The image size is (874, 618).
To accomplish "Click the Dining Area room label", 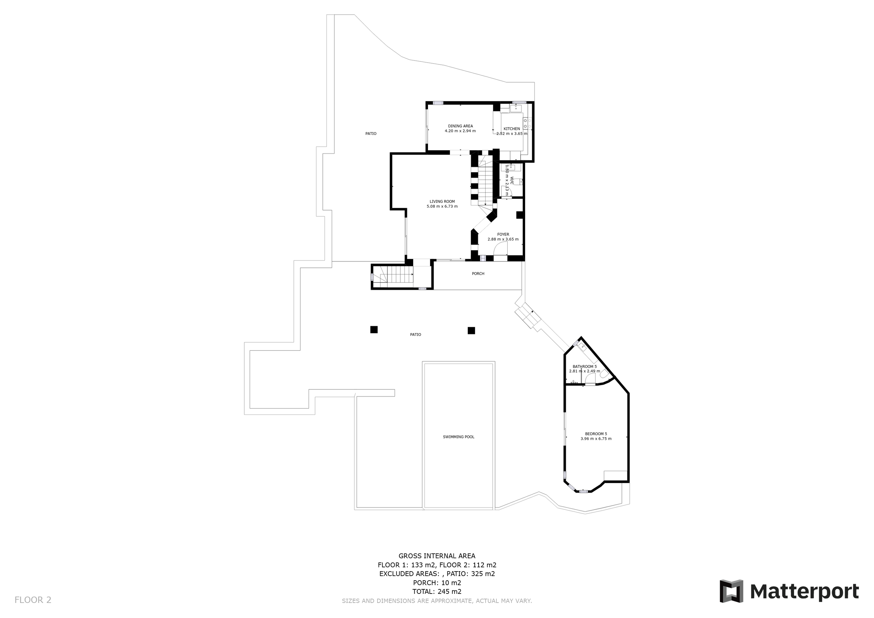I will [460, 126].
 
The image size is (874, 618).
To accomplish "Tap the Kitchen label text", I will [511, 129].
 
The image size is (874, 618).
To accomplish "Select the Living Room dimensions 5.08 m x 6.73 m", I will [442, 207].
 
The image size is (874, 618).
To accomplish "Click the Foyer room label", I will [503, 235].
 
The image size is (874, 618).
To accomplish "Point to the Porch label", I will [478, 274].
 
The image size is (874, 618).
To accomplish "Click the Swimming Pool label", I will [458, 437].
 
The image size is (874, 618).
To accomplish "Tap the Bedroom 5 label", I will [596, 434].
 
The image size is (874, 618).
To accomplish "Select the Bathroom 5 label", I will [584, 366].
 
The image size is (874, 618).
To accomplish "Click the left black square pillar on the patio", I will [374, 330].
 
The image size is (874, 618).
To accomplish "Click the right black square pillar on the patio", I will [471, 330].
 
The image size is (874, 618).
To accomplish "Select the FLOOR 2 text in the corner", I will [33, 600].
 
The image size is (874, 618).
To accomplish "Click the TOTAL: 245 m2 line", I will [437, 592].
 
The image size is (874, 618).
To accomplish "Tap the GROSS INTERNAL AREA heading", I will [437, 556].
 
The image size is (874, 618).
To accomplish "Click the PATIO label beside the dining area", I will [371, 134].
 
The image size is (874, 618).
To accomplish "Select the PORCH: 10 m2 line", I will [437, 583].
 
